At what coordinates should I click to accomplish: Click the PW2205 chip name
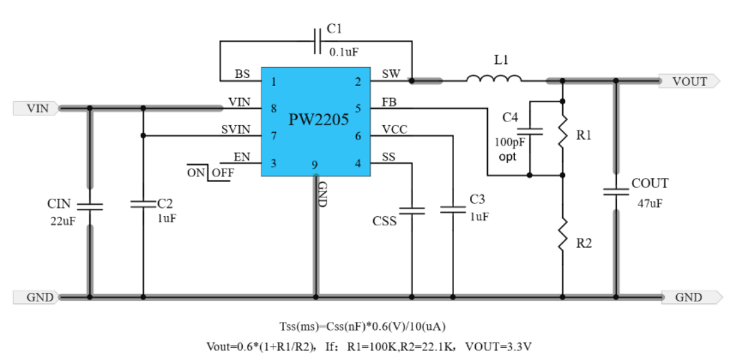coord(319,120)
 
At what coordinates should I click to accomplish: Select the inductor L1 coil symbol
coord(494,79)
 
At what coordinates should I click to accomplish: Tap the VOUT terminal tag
coord(689,81)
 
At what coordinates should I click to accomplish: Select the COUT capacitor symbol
coord(616,191)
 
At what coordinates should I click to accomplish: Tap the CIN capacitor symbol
coord(90,205)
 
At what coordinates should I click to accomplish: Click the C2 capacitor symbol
coord(143,204)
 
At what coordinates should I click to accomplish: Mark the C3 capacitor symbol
coord(453,210)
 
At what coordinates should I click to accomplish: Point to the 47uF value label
coord(650,203)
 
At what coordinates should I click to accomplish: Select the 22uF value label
coord(62,221)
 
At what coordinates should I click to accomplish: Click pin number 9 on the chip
coord(314,165)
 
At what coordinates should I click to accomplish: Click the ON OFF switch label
coord(211,172)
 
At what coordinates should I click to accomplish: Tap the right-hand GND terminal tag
coord(689,297)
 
